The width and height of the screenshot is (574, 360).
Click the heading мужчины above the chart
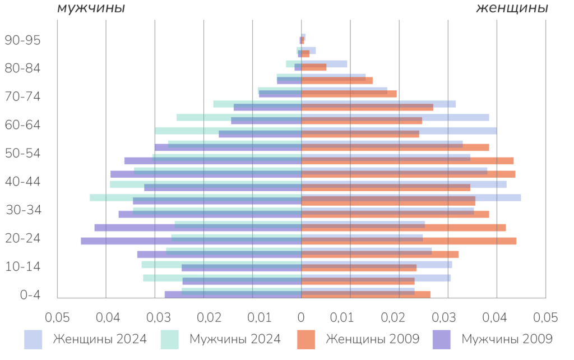tap(91, 8)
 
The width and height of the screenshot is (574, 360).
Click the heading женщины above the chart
tap(512, 8)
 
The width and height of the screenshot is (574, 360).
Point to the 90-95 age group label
tap(22, 40)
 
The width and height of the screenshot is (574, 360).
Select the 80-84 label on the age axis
tap(22, 68)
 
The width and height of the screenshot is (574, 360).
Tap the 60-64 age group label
tap(22, 125)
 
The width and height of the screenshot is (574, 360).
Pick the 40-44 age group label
tap(22, 182)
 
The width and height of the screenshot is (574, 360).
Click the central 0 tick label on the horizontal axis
tap(301, 318)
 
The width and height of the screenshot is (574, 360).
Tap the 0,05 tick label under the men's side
tap(58, 318)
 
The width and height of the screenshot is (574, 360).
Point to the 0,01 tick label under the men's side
tap(253, 318)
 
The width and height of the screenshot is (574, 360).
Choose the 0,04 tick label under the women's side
tap(496, 318)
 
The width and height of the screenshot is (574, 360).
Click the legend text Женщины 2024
tap(99, 339)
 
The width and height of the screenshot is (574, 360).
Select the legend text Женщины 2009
tap(372, 339)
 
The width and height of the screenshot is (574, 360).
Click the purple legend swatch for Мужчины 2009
tap(442, 339)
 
